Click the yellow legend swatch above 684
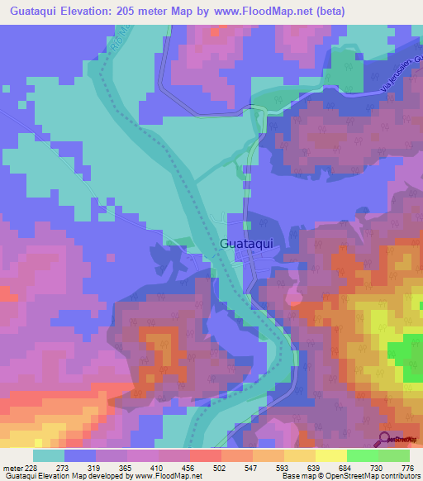click(330, 455)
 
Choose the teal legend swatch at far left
click(49, 455)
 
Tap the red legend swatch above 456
click(205, 455)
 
